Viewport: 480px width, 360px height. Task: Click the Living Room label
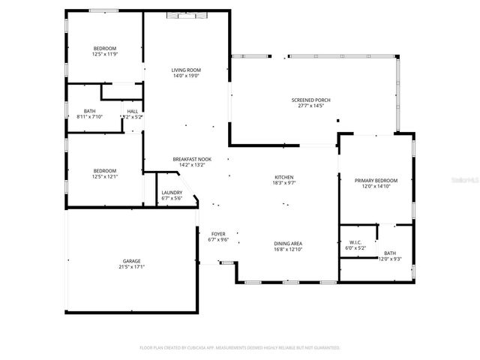pos(186,70)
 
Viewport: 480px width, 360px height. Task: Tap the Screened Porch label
pos(311,100)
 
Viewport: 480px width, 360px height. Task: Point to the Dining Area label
pos(288,243)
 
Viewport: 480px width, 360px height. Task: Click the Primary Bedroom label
pos(376,181)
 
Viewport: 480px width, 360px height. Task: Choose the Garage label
pos(131,261)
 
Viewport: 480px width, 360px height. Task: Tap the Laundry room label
pos(172,193)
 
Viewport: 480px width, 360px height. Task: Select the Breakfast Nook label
pos(192,159)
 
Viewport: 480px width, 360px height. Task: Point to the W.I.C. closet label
pos(355,242)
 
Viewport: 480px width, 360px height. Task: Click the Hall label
pos(132,111)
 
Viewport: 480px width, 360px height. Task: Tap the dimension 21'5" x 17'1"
pos(131,267)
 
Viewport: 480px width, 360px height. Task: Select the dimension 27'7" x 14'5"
pos(311,106)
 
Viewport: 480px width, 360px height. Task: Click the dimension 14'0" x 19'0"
pos(186,76)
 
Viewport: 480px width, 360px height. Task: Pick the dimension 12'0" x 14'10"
pos(376,187)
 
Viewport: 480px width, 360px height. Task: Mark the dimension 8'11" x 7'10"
pos(89,117)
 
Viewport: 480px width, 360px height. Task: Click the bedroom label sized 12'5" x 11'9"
pos(104,48)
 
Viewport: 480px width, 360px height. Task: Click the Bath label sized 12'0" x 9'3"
pos(389,253)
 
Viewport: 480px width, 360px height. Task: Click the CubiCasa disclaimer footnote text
pos(240,348)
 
